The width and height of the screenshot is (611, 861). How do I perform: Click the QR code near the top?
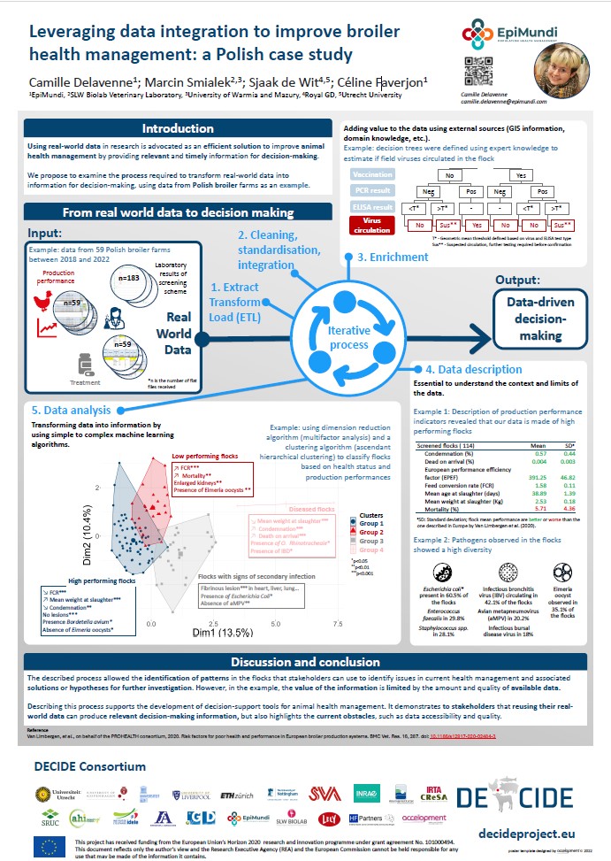click(x=477, y=69)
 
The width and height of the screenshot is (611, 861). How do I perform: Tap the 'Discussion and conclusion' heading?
click(x=304, y=662)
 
